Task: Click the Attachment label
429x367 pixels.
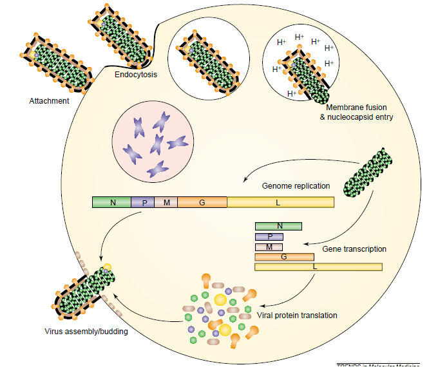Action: point(49,101)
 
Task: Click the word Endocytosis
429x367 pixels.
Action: point(136,75)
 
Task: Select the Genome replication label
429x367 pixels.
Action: point(296,186)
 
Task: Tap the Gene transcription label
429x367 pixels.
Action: point(354,249)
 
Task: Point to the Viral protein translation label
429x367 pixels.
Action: point(298,315)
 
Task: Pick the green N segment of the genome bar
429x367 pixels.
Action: point(112,202)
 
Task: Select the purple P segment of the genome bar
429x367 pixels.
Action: point(143,202)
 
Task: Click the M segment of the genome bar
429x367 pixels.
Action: point(166,202)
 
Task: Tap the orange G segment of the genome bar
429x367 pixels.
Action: point(202,202)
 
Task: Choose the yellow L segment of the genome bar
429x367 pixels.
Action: point(280,202)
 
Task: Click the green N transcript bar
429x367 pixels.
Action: point(278,226)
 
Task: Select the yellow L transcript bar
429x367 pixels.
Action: point(318,267)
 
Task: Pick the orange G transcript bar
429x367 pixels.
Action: point(284,257)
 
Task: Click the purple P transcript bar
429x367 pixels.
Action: point(269,236)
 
